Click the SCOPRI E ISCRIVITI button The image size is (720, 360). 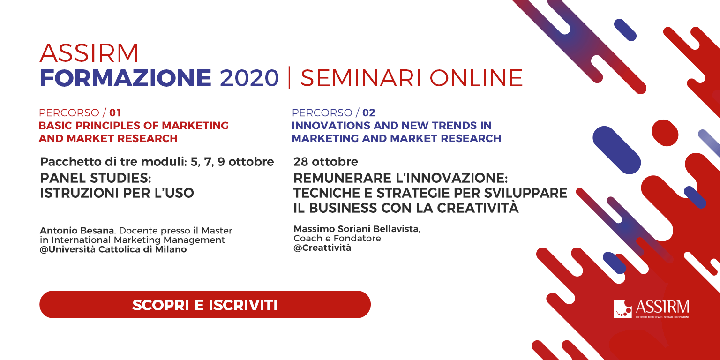[x=205, y=304]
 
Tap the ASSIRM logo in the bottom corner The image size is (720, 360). [x=651, y=309]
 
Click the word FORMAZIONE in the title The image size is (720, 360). [x=126, y=78]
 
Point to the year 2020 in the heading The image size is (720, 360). [x=249, y=78]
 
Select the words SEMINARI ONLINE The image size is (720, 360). [x=412, y=78]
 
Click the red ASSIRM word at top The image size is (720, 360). [x=89, y=53]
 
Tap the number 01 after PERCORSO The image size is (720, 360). [x=115, y=113]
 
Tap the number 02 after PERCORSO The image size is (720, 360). [x=369, y=113]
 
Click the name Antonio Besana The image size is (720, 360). [x=77, y=231]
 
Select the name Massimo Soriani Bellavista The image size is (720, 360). [x=356, y=229]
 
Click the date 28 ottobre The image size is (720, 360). [x=326, y=162]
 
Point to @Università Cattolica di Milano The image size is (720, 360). [x=113, y=249]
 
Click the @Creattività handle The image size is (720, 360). [x=322, y=248]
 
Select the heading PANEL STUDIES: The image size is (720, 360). [x=96, y=178]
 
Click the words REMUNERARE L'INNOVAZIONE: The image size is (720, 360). [x=400, y=178]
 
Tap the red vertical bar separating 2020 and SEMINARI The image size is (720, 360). [x=290, y=77]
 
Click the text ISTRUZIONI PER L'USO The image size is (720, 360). [x=117, y=193]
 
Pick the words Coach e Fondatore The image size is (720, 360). [x=337, y=239]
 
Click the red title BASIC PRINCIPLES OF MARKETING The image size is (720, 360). [x=134, y=125]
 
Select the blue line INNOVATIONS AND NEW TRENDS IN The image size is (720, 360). [x=392, y=125]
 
